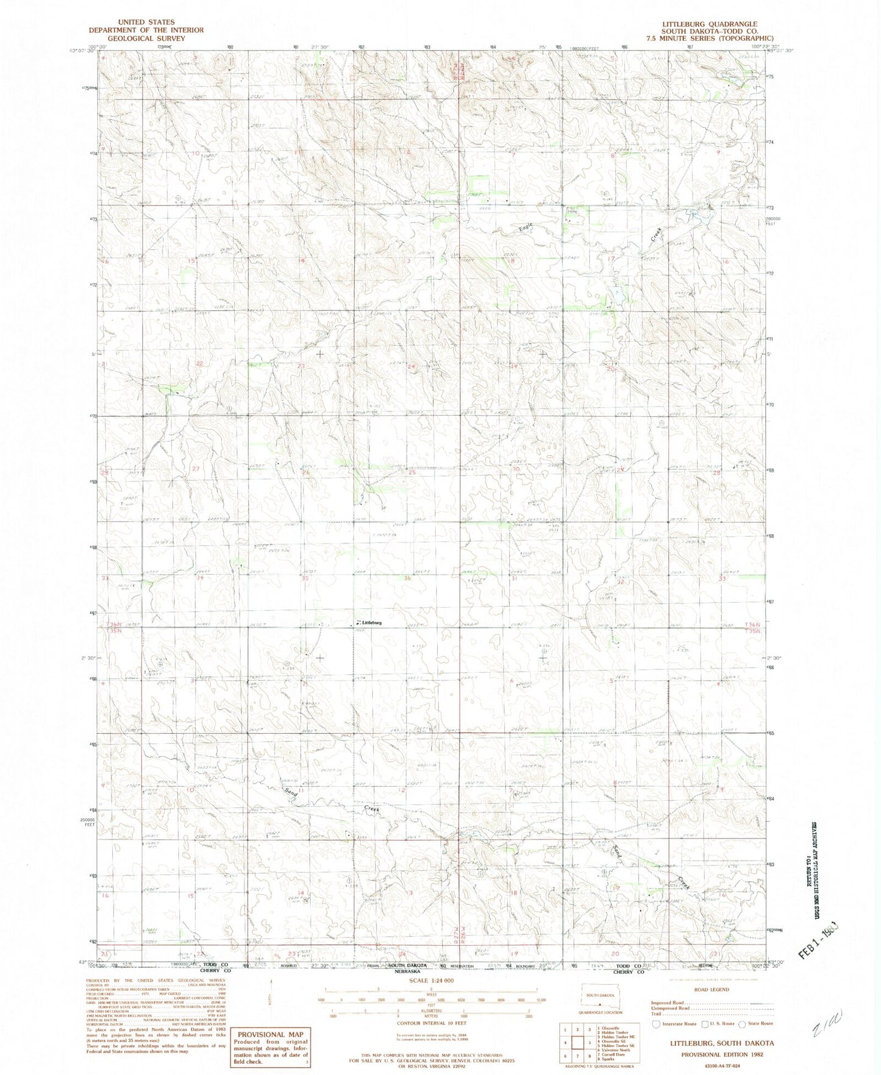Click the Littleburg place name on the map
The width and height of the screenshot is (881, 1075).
coord(371,622)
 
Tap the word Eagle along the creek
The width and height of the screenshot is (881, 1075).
coord(526,227)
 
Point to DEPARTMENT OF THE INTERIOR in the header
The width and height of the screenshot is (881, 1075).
coord(146,30)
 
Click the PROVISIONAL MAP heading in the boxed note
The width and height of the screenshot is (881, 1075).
coord(270,1035)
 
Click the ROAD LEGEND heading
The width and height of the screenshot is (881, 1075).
coord(710,990)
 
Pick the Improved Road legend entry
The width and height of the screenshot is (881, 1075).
coord(668,1002)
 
